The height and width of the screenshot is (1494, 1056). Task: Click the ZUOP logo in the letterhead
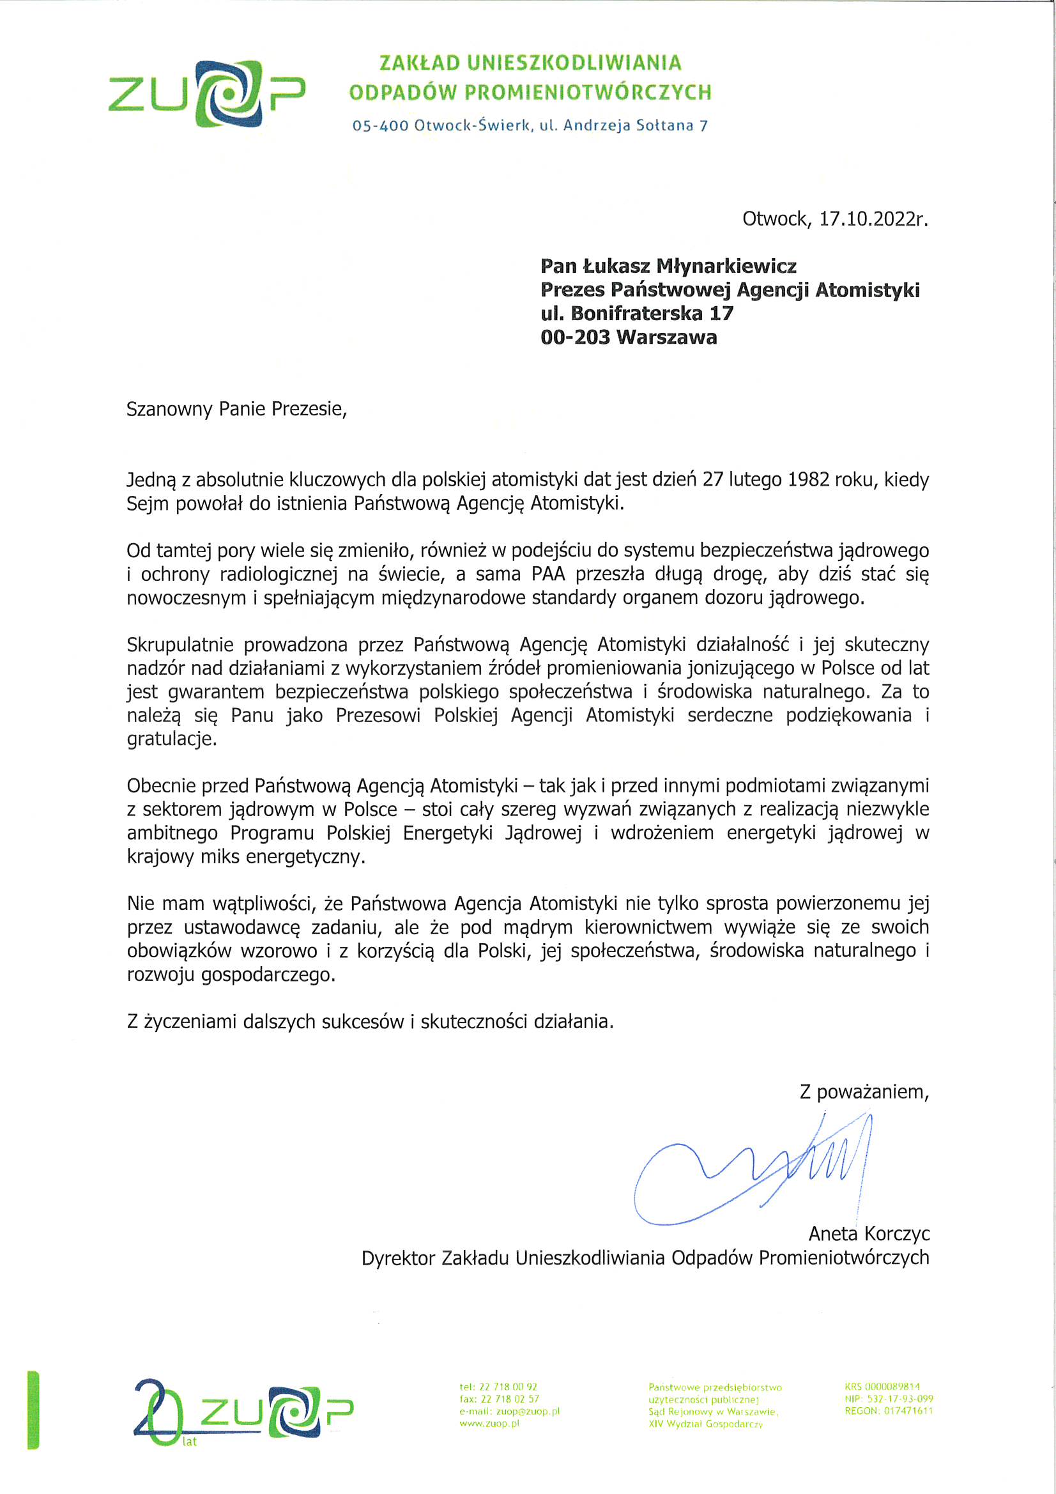tap(206, 93)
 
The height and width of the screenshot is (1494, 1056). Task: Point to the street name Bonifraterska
tap(636, 314)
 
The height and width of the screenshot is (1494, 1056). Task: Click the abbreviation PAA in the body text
tap(548, 574)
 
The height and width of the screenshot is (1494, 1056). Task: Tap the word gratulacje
tap(171, 739)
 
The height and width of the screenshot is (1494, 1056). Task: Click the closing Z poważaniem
tap(864, 1091)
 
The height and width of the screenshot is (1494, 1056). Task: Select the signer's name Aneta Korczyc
tap(869, 1233)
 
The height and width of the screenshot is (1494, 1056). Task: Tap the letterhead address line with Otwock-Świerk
tap(530, 125)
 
